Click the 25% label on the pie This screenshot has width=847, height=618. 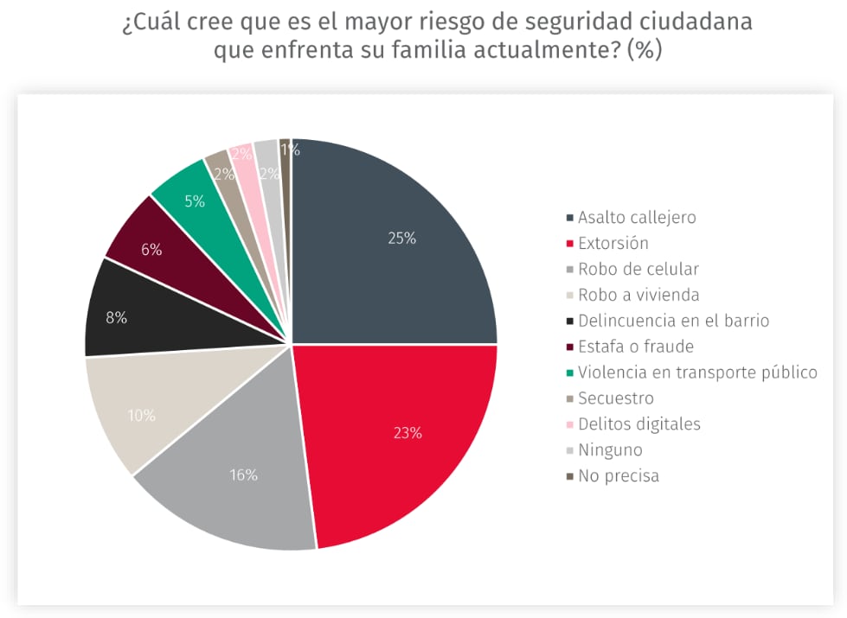click(x=401, y=239)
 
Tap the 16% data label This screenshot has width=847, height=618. click(x=244, y=475)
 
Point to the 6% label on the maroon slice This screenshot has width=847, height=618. click(x=151, y=249)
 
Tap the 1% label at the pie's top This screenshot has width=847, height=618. click(x=290, y=150)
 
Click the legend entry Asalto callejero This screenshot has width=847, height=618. click(x=637, y=217)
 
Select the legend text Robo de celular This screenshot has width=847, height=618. click(x=638, y=269)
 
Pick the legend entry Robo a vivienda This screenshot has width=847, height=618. click(x=638, y=295)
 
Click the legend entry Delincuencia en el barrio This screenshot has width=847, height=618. click(x=673, y=321)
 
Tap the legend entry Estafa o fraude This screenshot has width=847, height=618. click(x=636, y=347)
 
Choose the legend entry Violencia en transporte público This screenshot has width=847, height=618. click(x=697, y=373)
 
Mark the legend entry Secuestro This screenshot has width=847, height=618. click(x=616, y=398)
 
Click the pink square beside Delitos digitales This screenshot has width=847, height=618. click(x=569, y=424)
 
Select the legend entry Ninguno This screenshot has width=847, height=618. click(x=610, y=450)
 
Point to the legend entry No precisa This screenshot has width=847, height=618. click(x=619, y=476)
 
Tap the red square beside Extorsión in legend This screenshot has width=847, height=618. click(x=569, y=244)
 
